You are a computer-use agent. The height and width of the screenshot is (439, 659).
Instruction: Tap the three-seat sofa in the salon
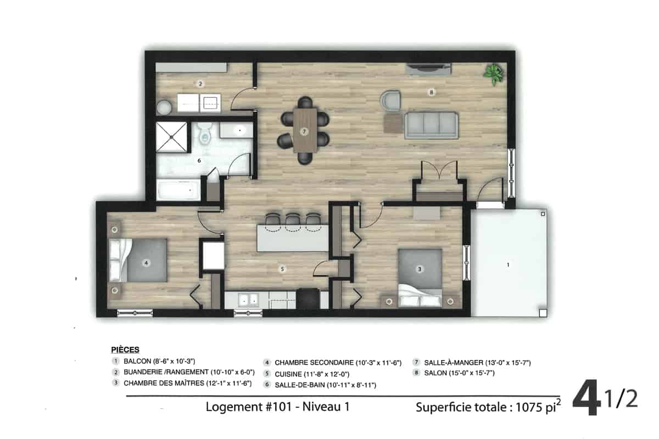[x=431, y=125]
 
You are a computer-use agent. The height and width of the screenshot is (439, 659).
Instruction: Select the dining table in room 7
[x=305, y=130]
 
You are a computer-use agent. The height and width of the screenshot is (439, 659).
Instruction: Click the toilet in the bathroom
[x=204, y=134]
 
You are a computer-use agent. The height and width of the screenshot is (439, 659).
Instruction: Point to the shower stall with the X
[x=171, y=137]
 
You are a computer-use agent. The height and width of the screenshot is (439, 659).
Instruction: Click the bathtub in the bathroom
[x=178, y=190]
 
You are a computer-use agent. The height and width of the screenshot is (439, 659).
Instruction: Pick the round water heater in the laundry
[x=164, y=107]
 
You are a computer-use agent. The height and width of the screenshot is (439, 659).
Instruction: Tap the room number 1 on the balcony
[x=508, y=264]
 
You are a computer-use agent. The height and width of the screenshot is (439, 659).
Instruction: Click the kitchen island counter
[x=293, y=238]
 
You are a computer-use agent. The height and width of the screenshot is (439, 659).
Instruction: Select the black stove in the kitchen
[x=308, y=299]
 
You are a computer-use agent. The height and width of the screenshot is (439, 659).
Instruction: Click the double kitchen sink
[x=249, y=300]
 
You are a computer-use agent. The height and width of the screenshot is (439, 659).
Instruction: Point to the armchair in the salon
[x=390, y=101]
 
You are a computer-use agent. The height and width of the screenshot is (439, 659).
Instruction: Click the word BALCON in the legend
[x=137, y=361]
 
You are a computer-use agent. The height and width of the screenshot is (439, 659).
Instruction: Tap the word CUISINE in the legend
[x=288, y=374]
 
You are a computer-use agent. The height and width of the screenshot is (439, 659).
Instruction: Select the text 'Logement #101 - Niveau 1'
[x=278, y=407]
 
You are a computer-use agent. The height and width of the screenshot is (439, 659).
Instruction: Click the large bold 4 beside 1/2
[x=587, y=397]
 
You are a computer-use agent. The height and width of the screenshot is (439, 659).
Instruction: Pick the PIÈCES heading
[x=125, y=350]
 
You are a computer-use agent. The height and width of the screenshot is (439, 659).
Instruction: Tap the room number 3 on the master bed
[x=420, y=269]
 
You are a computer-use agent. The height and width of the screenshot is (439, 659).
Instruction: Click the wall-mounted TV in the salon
[x=428, y=69]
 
